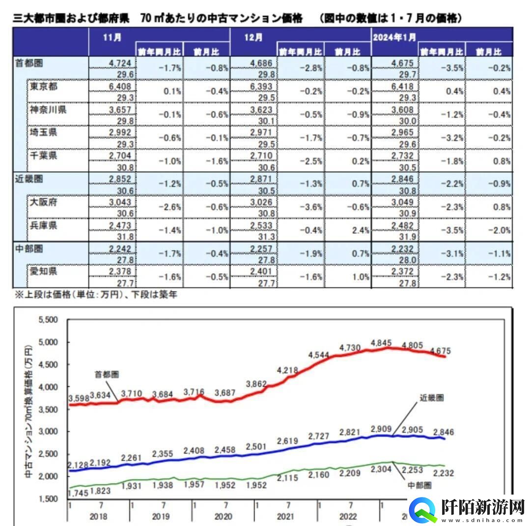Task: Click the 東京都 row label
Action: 44,86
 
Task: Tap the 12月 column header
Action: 252,38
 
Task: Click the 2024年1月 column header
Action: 395,38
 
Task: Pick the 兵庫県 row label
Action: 44,225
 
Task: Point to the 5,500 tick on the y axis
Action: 48,320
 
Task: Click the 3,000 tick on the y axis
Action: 48,432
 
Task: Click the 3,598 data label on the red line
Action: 79,398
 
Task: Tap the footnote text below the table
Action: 95,295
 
